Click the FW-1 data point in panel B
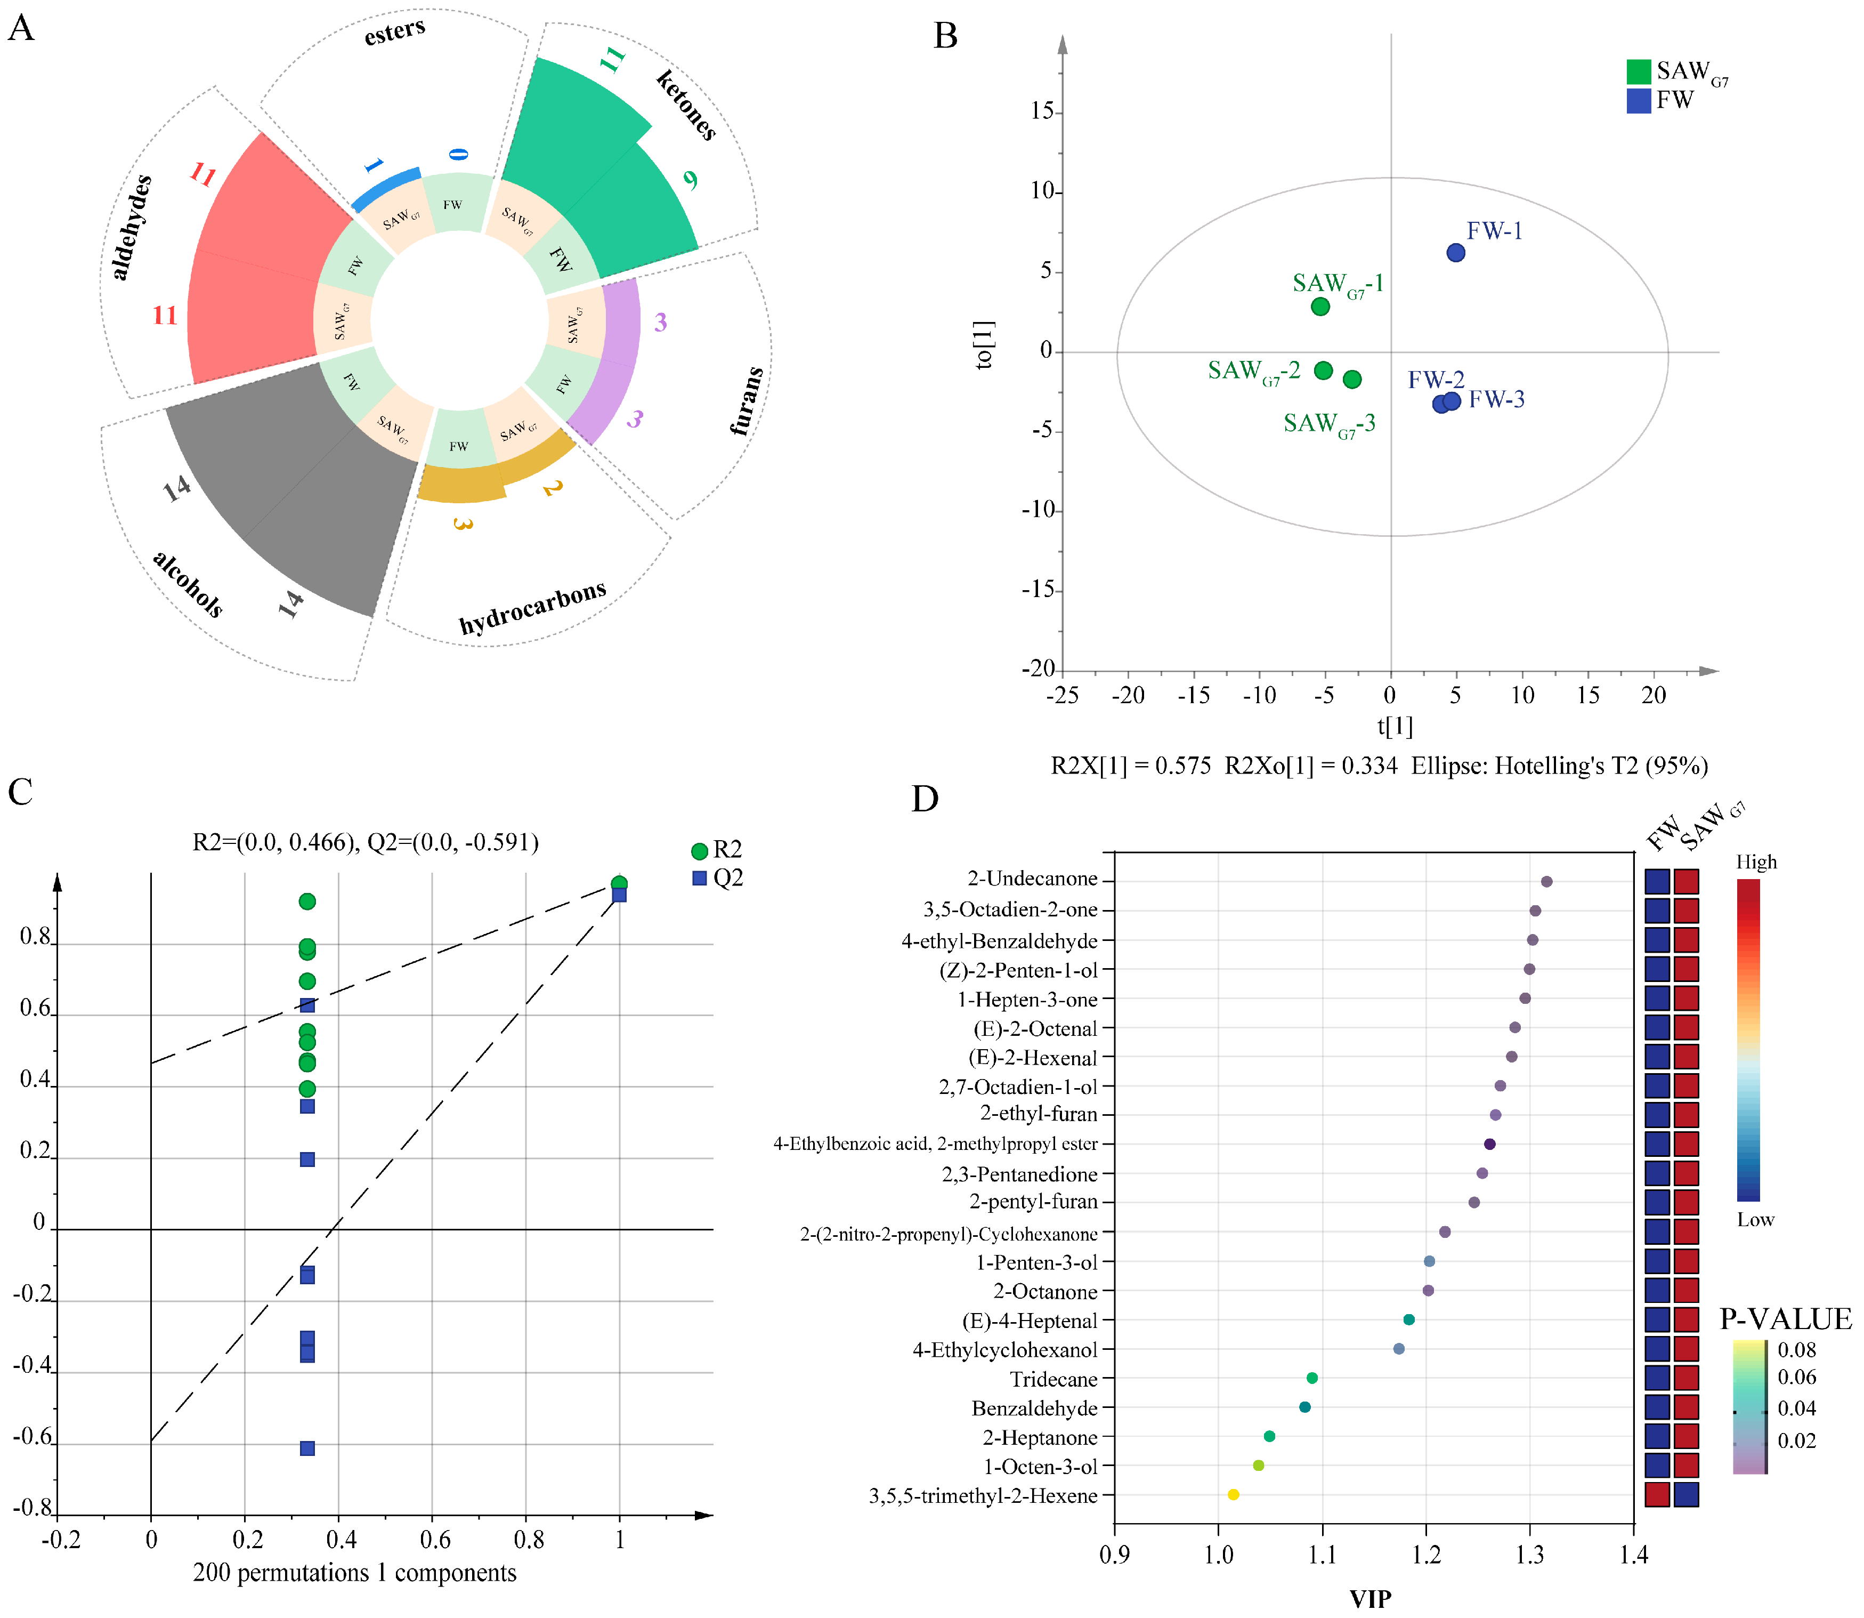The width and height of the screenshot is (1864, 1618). pos(1455,253)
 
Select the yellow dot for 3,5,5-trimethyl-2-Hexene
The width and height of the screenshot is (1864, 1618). pos(1233,1494)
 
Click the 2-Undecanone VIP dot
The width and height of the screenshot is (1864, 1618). pos(1546,881)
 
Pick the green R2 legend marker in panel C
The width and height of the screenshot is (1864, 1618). pos(699,850)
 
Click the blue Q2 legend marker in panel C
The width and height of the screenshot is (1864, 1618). pos(699,878)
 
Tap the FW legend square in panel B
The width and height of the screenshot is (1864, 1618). pos(1639,100)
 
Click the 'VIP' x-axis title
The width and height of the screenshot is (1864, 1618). pos(1369,1598)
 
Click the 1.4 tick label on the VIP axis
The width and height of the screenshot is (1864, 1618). pos(1634,1554)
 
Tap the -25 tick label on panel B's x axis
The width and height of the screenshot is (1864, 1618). pos(1063,695)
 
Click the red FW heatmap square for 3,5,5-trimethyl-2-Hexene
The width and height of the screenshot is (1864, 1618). pos(1656,1494)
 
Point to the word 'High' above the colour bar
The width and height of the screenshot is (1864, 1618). pos(1756,862)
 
